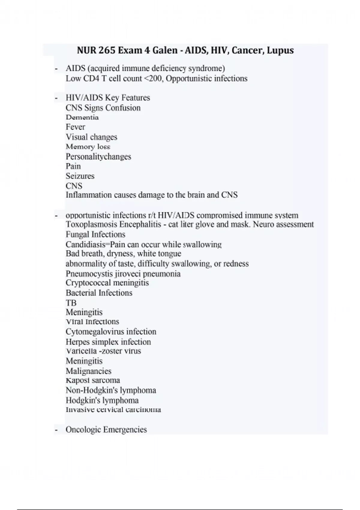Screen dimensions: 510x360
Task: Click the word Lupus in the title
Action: click(280, 50)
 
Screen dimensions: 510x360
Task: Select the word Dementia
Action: click(82, 117)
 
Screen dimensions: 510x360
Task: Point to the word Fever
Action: click(75, 127)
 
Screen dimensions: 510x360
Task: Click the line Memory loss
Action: click(88, 147)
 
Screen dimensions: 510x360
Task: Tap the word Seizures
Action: click(80, 176)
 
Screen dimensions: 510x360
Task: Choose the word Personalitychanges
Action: click(98, 157)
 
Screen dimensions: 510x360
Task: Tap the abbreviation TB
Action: click(71, 303)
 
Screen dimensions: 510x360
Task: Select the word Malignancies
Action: click(88, 371)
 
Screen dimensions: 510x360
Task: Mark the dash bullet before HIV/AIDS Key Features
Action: click(56, 98)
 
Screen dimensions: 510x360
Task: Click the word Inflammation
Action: click(89, 195)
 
